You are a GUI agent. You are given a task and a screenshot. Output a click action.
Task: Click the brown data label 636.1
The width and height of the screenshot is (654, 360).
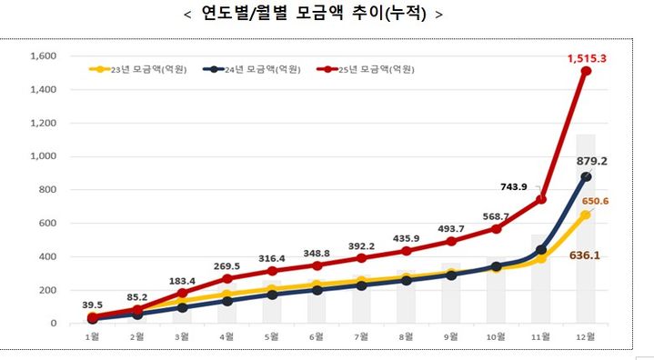click(588, 256)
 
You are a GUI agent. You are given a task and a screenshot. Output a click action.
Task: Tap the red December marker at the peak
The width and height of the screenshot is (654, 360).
click(587, 71)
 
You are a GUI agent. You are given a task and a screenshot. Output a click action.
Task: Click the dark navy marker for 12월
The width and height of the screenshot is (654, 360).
click(587, 177)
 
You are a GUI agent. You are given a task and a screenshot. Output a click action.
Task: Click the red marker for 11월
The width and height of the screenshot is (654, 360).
click(541, 199)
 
